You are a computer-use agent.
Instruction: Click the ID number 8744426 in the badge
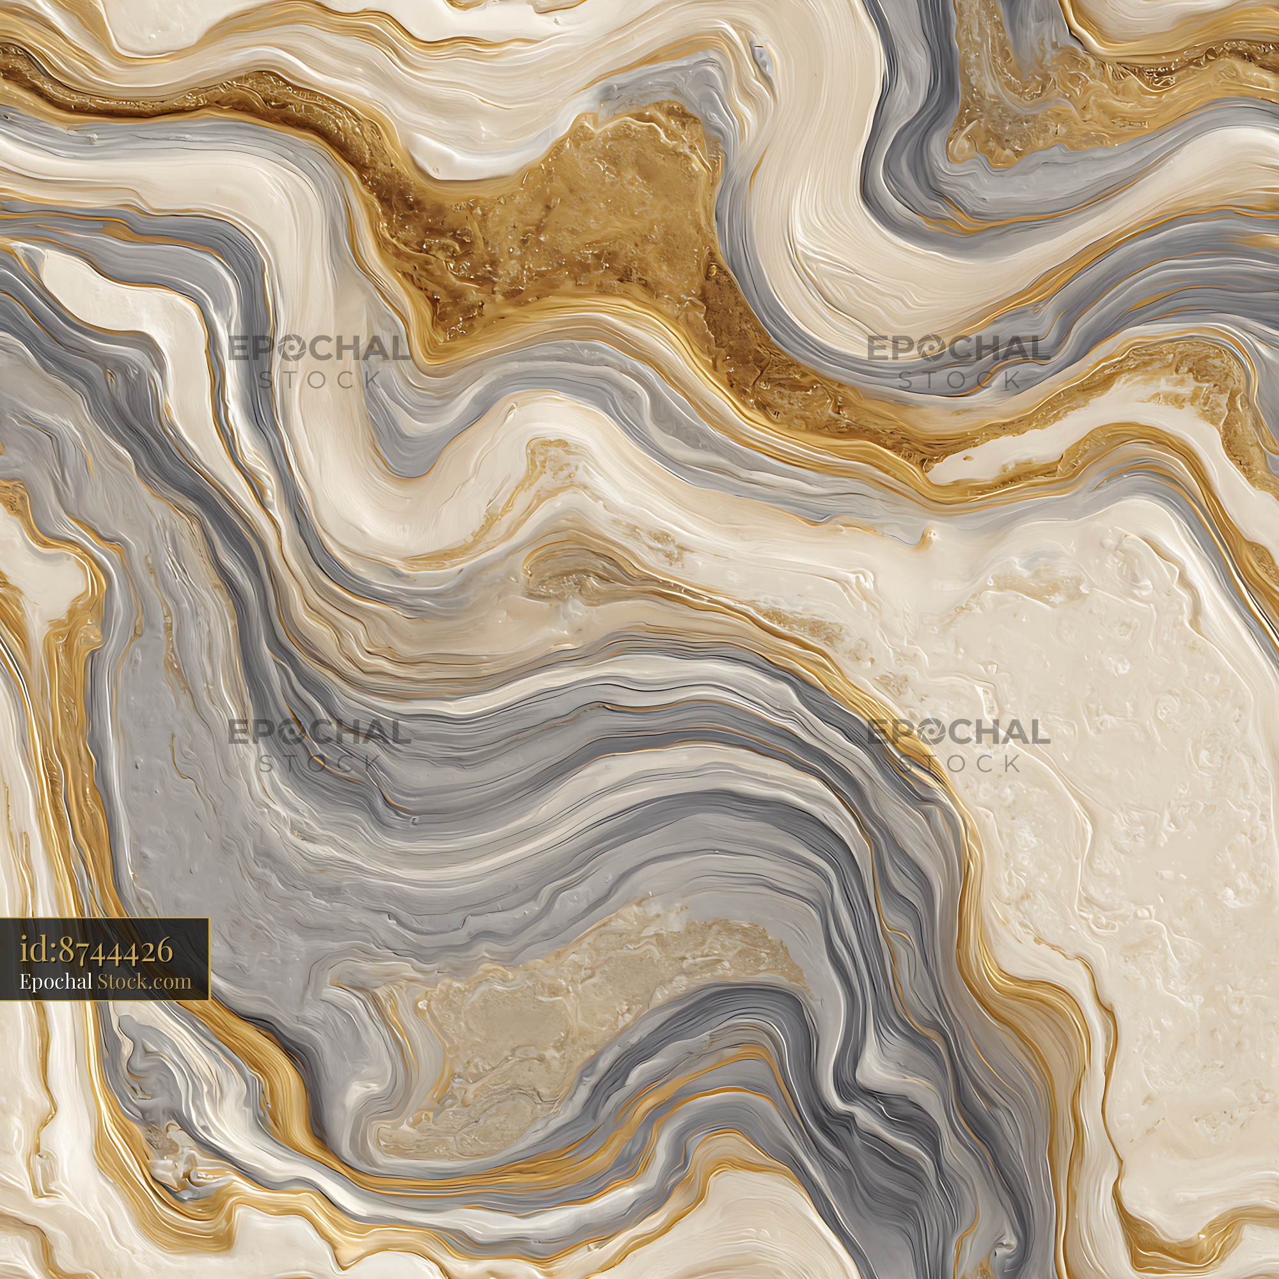click(x=116, y=952)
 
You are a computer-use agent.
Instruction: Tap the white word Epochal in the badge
click(x=56, y=981)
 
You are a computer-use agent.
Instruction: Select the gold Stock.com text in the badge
click(x=145, y=981)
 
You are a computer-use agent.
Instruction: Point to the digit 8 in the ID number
click(x=67, y=952)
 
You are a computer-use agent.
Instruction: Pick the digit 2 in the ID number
click(x=146, y=952)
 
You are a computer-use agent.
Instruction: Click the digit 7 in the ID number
click(x=82, y=952)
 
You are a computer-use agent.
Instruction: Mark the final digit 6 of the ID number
click(x=164, y=952)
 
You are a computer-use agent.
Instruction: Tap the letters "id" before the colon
click(x=33, y=952)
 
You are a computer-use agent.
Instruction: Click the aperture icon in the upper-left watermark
click(x=290, y=349)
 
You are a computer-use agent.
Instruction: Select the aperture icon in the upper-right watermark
click(x=930, y=349)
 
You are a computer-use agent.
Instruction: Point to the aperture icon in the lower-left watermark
click(x=290, y=732)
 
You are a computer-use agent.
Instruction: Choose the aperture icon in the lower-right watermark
click(x=930, y=732)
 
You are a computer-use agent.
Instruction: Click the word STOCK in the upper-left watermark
click(x=320, y=379)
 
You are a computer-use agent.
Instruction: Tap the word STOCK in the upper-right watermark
click(x=959, y=379)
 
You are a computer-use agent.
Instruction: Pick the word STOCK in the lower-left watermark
click(x=320, y=764)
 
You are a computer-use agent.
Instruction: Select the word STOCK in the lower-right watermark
click(x=959, y=764)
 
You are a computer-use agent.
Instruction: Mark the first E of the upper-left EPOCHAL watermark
click(x=239, y=349)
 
